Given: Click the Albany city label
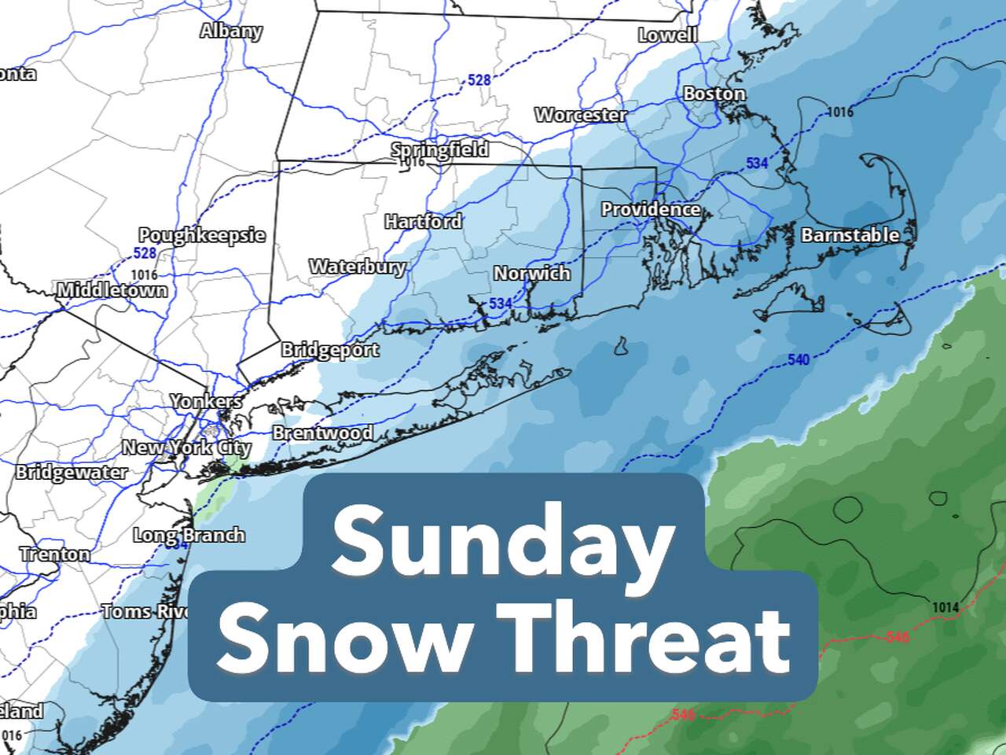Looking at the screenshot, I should (230, 31).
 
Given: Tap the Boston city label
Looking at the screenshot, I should (714, 94).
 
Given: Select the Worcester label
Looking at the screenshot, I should (581, 115).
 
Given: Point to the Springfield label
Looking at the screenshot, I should (439, 149).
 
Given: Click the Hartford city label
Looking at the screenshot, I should (423, 223).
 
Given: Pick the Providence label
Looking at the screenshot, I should (650, 209).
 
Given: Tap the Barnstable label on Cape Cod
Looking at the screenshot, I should (850, 235).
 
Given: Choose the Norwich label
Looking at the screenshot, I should (531, 274).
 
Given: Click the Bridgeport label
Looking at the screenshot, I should (330, 350).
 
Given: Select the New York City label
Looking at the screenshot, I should (186, 448).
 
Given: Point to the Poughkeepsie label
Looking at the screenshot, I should (202, 235).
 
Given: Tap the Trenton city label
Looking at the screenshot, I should (55, 554).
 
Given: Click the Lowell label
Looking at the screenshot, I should (667, 35).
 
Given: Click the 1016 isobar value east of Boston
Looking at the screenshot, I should (840, 112).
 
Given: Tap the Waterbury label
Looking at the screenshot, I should (357, 267).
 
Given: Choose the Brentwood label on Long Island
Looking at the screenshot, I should (322, 433).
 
